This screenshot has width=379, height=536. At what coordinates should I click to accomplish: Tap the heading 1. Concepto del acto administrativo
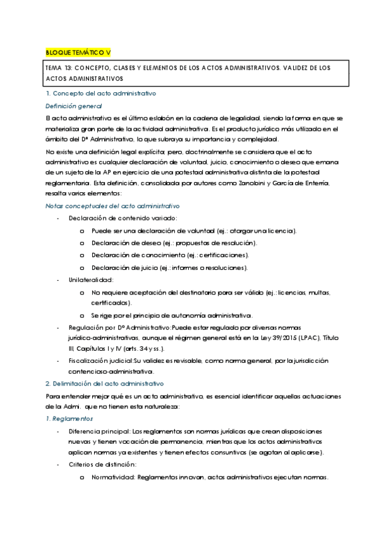tap(101, 94)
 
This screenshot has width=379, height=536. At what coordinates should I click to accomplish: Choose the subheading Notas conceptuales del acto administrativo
tap(113, 206)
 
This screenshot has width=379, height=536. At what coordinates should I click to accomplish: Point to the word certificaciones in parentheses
tap(222, 255)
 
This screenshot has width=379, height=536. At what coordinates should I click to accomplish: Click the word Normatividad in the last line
tap(112, 477)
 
